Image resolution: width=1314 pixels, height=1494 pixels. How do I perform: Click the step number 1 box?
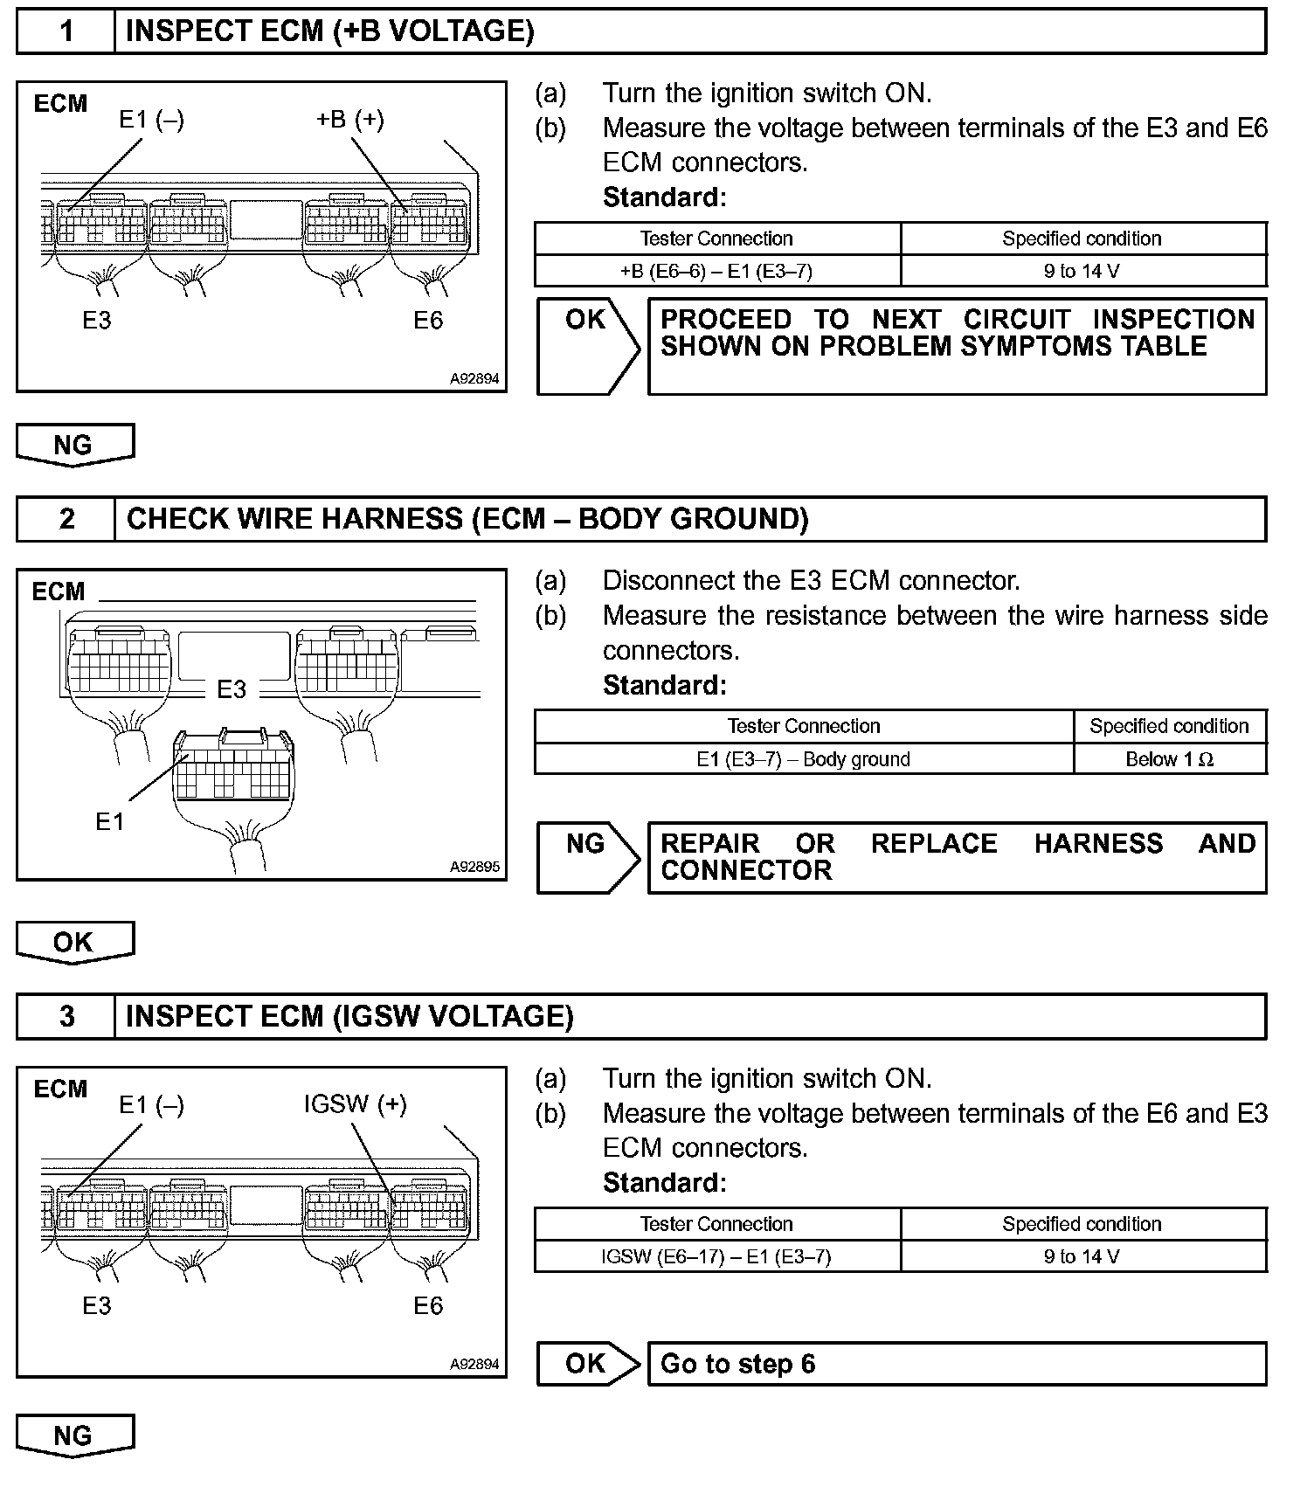point(66,32)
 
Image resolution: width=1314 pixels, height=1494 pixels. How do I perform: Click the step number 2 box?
point(66,520)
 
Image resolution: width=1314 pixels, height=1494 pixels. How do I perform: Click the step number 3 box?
point(66,1017)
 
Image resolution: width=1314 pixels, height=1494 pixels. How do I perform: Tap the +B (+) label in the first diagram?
point(350,119)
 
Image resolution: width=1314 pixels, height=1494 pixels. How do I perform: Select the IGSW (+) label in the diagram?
point(355,1104)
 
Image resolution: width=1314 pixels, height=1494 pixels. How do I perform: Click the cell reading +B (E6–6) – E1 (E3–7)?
point(716,272)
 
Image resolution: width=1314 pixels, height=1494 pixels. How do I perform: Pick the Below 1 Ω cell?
point(1169,759)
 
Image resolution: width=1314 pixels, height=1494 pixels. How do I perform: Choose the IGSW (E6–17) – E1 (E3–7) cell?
point(716,1257)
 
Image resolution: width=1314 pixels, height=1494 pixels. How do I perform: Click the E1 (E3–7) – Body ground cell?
point(803,759)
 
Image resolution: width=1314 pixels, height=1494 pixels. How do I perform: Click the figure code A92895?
point(474,867)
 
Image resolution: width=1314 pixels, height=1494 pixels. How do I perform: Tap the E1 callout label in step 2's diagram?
point(110,821)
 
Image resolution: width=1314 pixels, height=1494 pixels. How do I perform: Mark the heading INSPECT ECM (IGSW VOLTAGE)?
point(349,1017)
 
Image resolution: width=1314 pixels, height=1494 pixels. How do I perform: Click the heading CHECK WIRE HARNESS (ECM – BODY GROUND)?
point(467,520)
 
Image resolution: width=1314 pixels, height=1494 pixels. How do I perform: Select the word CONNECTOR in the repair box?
point(746,871)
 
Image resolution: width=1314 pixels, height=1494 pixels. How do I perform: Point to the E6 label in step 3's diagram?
point(428,1306)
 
